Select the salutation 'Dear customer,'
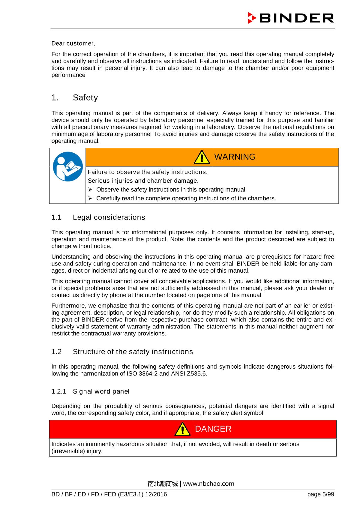[x=73, y=43]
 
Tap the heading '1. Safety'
[x=75, y=98]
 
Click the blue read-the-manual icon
[x=68, y=166]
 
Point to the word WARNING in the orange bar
[x=235, y=157]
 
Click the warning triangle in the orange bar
[x=202, y=157]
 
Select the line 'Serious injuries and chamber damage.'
[x=143, y=181]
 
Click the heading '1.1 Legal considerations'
[x=98, y=217]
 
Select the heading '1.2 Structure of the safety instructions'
[x=122, y=352]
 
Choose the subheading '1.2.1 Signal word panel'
[x=90, y=391]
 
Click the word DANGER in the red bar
[x=213, y=429]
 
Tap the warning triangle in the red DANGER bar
[x=182, y=430]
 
